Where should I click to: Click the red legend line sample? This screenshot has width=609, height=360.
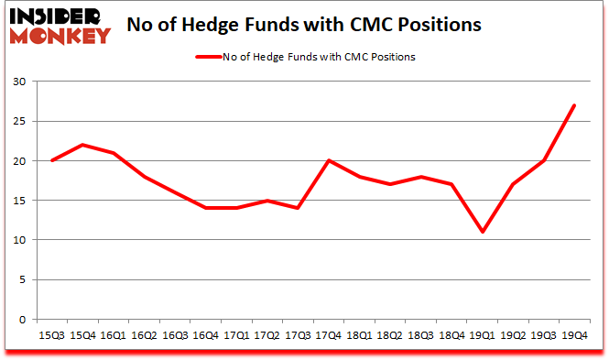pyautogui.click(x=208, y=57)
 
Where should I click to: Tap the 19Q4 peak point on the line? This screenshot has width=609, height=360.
pyautogui.click(x=573, y=105)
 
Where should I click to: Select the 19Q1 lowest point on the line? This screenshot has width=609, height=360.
pyautogui.click(x=481, y=232)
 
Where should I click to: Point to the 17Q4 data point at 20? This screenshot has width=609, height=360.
pyautogui.click(x=327, y=160)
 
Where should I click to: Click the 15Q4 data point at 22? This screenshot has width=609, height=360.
pyautogui.click(x=82, y=145)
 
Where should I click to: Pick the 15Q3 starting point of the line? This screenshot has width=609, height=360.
pyautogui.click(x=52, y=160)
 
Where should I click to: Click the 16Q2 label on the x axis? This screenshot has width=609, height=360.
pyautogui.click(x=144, y=336)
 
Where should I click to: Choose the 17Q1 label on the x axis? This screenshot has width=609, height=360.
pyautogui.click(x=235, y=336)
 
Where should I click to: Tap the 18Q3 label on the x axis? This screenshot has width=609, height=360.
pyautogui.click(x=419, y=336)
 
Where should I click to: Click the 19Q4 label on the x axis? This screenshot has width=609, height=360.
pyautogui.click(x=573, y=336)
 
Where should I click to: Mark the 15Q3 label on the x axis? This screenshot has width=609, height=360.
pyautogui.click(x=52, y=336)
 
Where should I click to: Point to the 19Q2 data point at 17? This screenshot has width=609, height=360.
pyautogui.click(x=512, y=184)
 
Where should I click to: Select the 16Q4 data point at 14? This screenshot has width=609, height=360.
pyautogui.click(x=205, y=208)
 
